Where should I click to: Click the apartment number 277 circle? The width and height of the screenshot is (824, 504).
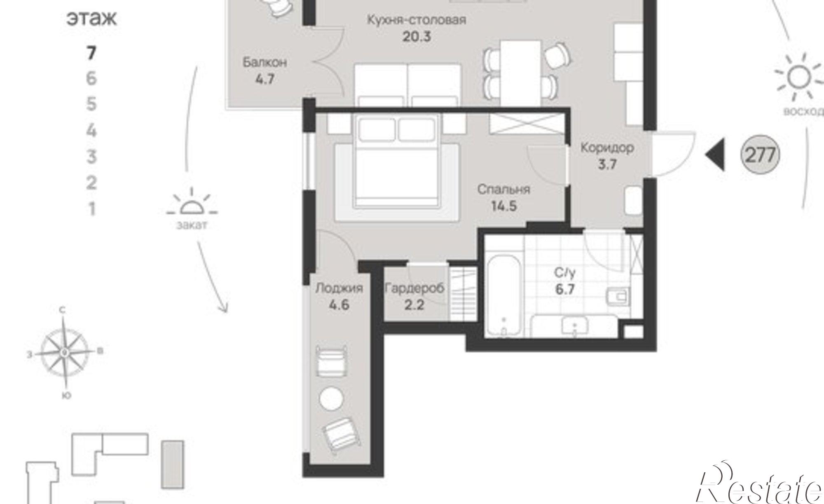[760, 155]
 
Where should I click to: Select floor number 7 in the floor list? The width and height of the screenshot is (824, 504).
[91, 53]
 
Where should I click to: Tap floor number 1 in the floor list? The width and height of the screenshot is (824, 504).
[91, 209]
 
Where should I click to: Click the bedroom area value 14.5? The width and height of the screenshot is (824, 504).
[504, 206]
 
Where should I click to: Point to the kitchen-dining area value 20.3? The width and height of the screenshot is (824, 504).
[417, 37]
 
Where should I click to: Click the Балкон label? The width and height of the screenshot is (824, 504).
[265, 62]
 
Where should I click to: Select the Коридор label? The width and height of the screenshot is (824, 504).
[607, 147]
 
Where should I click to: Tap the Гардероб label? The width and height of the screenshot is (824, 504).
[414, 288]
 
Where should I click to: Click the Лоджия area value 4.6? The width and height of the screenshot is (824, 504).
[339, 305]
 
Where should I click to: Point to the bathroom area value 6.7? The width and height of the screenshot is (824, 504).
[565, 289]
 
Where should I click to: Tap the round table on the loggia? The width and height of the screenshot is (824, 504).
[331, 399]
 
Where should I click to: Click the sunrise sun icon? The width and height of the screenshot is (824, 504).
[798, 77]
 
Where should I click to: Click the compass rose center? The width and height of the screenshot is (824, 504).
[65, 352]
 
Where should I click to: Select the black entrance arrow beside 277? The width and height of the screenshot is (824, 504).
[715, 155]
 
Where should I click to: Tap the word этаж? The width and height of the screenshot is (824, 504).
[91, 19]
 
